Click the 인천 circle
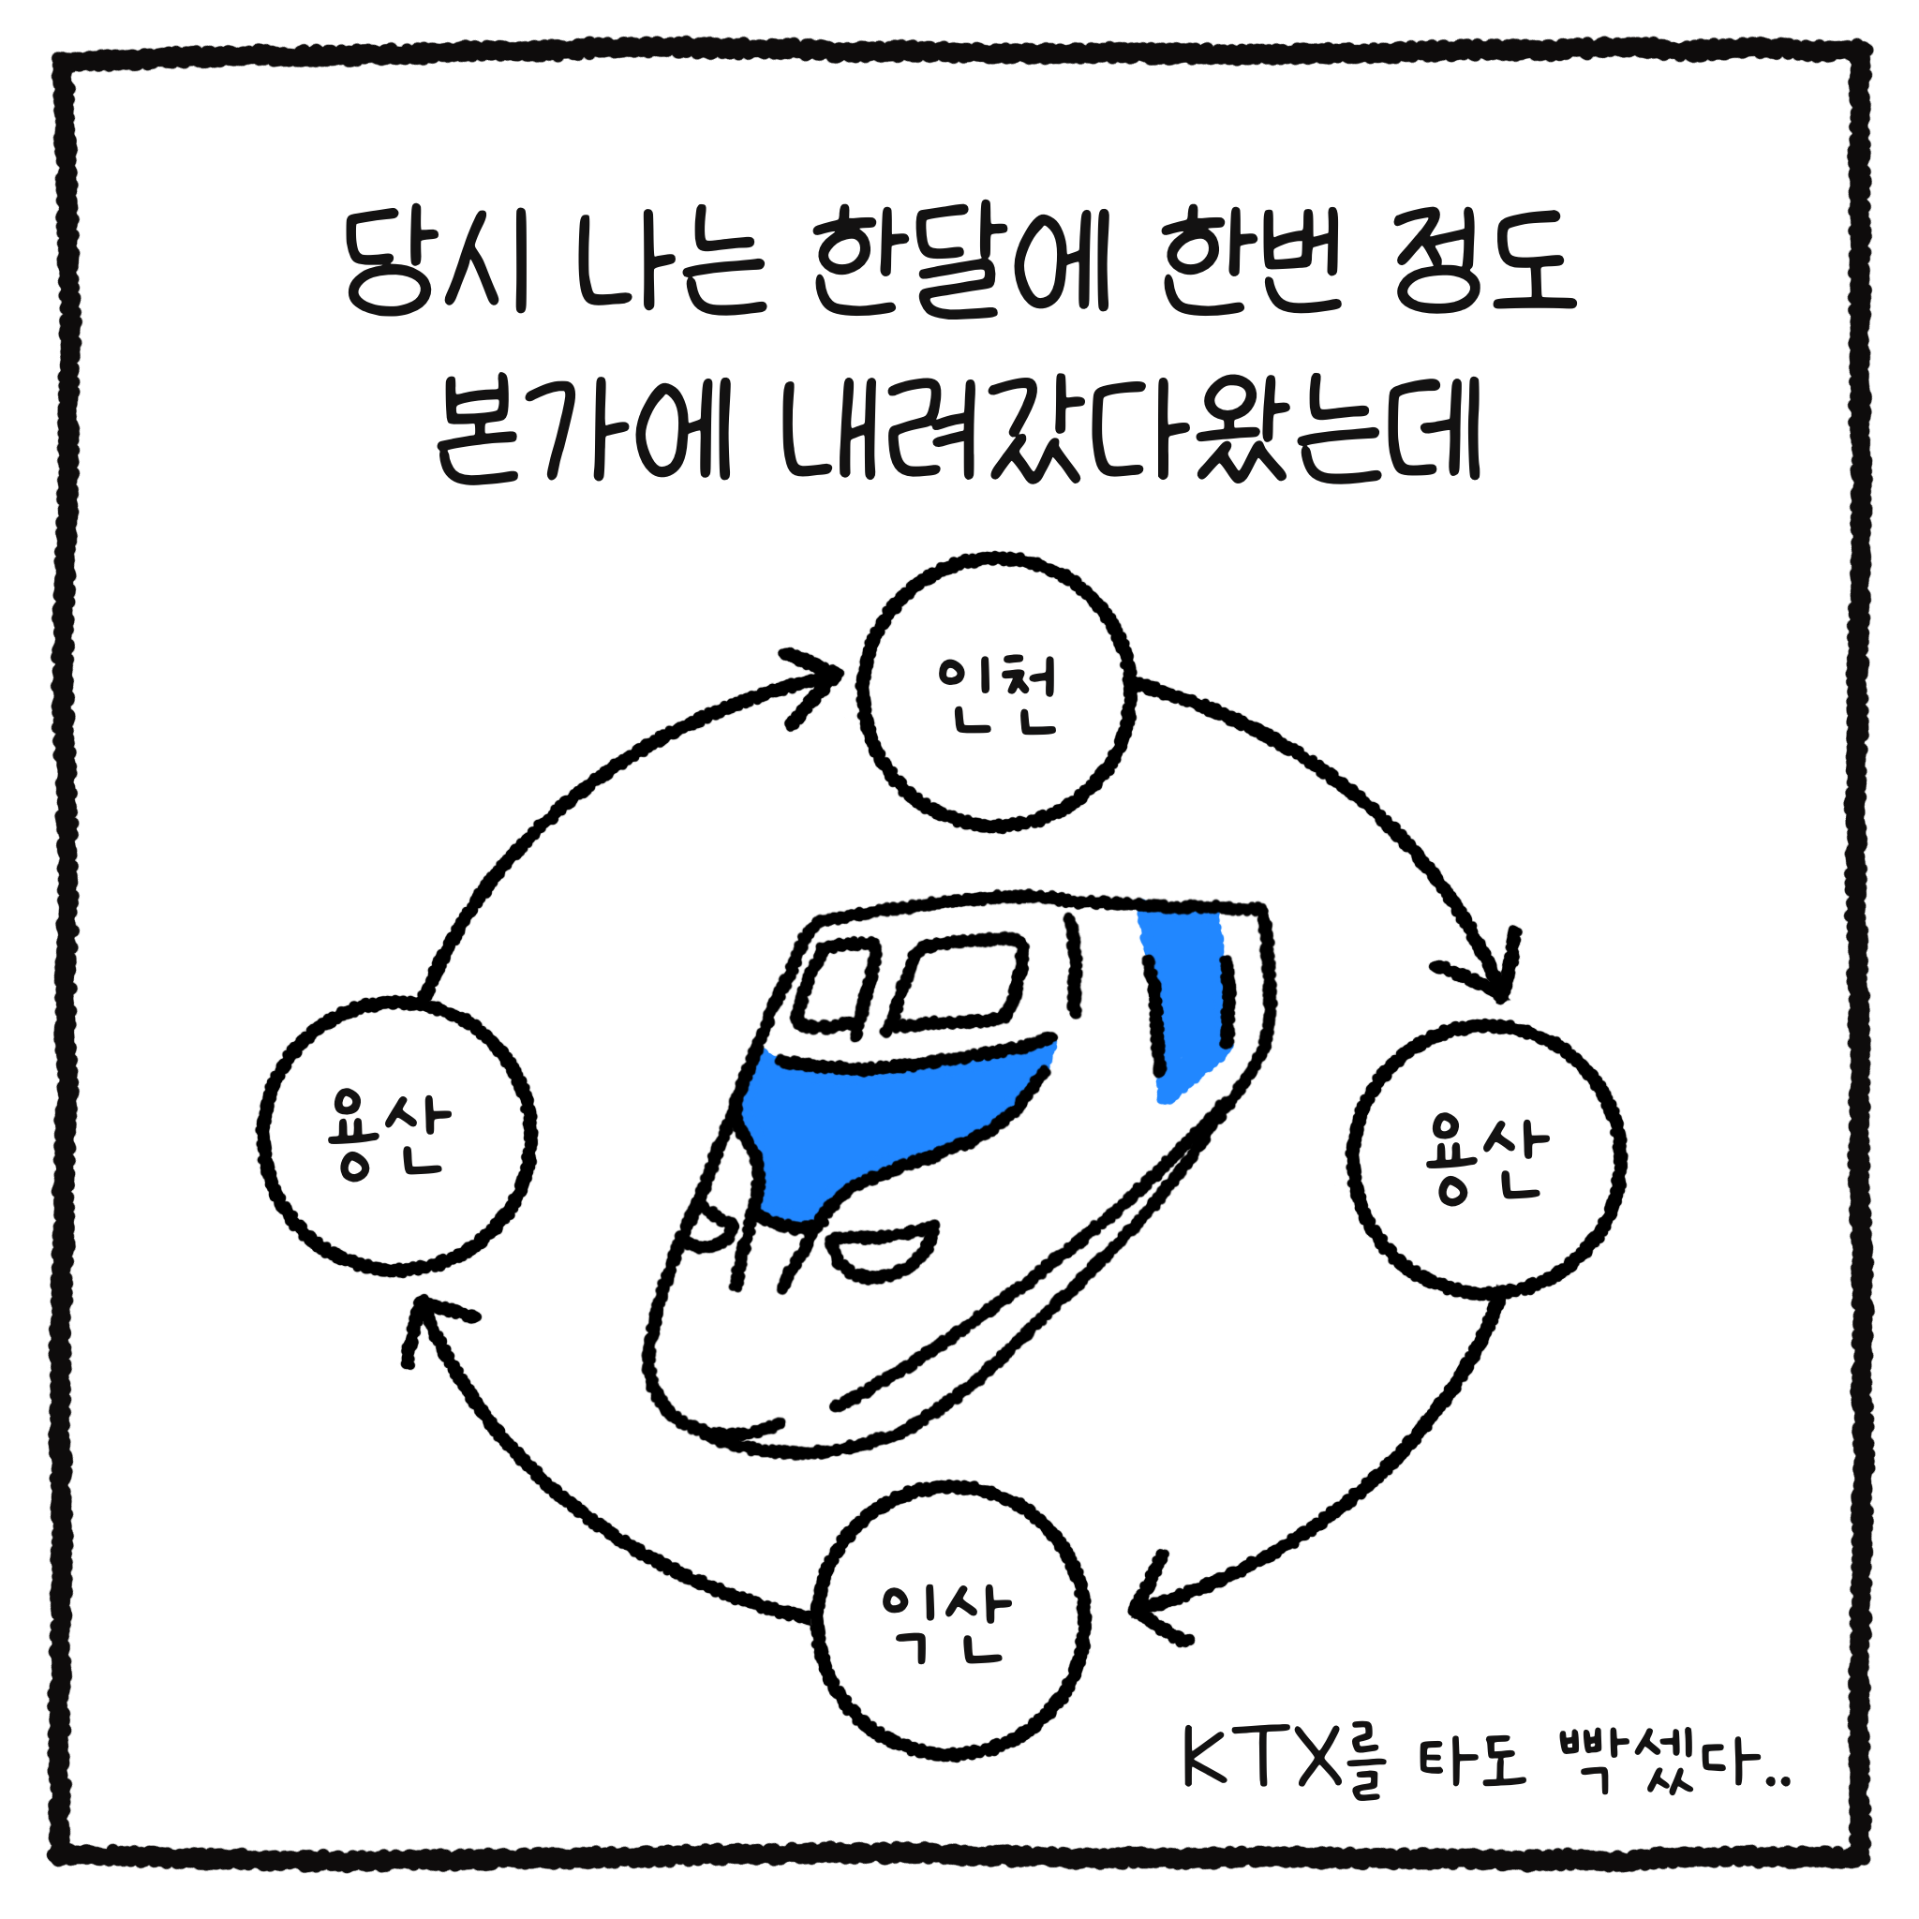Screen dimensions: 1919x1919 (x=995, y=692)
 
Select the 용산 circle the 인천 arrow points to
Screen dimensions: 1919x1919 (x=1485, y=1159)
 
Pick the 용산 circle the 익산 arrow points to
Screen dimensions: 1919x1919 (x=396, y=1137)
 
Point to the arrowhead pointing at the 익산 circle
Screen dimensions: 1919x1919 (x=1154, y=1607)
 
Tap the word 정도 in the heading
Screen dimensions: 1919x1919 (x=1484, y=262)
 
